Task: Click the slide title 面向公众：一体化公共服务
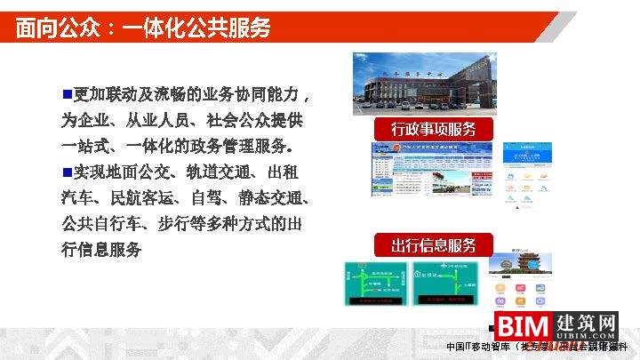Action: click(143, 28)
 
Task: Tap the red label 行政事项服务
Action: click(434, 129)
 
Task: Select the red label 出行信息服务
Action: click(434, 245)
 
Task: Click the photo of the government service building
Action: click(424, 84)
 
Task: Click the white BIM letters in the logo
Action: click(521, 326)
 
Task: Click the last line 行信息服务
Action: click(101, 250)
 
